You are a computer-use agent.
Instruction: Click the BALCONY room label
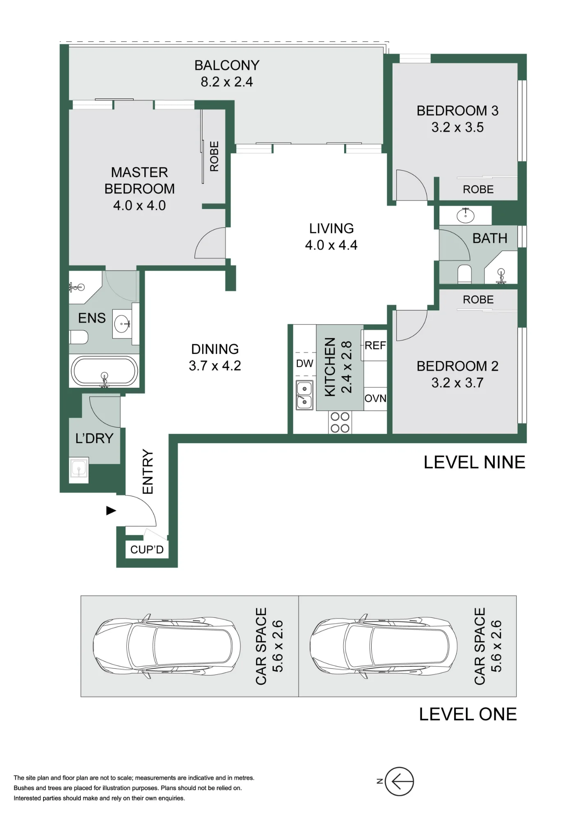coord(227,66)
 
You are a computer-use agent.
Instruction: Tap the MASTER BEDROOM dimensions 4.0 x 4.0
coord(139,205)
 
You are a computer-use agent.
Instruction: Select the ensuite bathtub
coord(105,371)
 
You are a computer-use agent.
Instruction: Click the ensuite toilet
coord(79,337)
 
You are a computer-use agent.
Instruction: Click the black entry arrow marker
coord(111,510)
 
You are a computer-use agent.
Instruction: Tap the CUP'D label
coord(147,550)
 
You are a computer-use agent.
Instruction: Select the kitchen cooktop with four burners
coord(340,422)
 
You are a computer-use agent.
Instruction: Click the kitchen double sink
coord(304,395)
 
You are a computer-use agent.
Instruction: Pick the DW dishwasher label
coord(305,363)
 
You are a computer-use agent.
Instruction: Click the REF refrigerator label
coord(375,346)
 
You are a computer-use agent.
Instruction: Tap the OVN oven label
coord(375,398)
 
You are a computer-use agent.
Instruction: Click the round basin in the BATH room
coord(466,215)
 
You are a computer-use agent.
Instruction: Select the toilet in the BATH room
coord(465,274)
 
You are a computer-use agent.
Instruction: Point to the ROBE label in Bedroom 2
coord(478,300)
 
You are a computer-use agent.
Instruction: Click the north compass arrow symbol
coord(400,781)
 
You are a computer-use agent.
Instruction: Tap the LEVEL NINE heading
coord(475,462)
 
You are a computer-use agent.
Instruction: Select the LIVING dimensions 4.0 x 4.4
coord(331,245)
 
